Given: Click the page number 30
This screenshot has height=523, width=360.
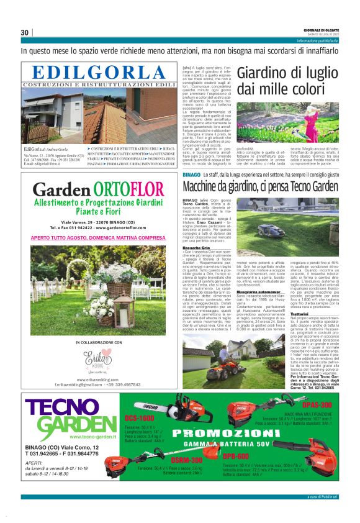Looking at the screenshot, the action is (25, 32).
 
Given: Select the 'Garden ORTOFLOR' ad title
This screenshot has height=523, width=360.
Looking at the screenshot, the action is (99, 188).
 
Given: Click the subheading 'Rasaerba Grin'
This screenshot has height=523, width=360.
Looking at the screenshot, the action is (197, 247).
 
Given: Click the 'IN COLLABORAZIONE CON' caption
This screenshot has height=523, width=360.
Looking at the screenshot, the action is (99, 342).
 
